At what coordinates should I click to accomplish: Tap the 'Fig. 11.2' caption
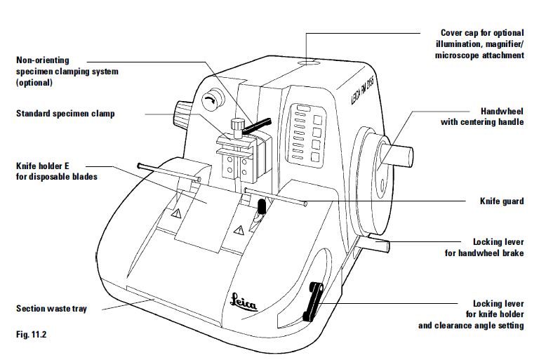pyautogui.click(x=30, y=334)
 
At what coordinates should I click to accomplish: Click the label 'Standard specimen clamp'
pyautogui.click(x=65, y=113)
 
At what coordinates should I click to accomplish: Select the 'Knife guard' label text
pyautogui.click(x=503, y=201)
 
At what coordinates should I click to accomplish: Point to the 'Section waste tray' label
pyautogui.click(x=51, y=308)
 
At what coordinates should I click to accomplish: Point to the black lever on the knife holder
pyautogui.click(x=262, y=207)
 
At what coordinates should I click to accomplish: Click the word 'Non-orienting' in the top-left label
pyautogui.click(x=42, y=60)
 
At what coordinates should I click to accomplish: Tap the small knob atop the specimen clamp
pyautogui.click(x=237, y=125)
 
